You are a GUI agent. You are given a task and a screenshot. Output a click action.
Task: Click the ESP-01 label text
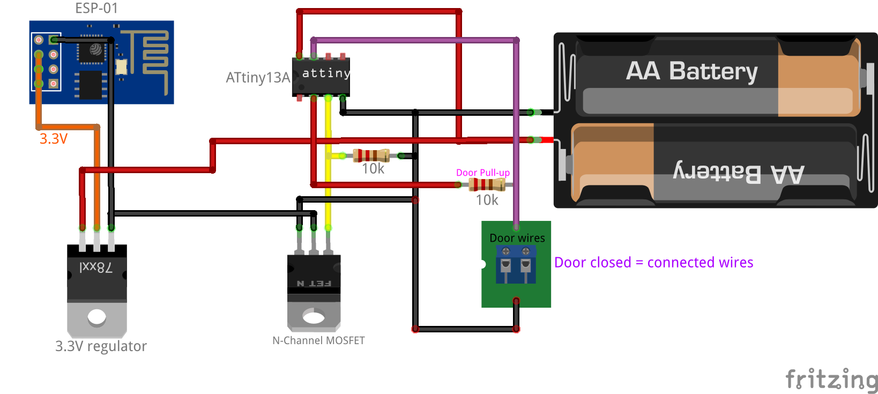(x=96, y=8)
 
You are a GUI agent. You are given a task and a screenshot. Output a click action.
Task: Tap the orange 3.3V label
(x=54, y=139)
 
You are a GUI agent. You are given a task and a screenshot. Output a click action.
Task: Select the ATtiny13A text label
(x=258, y=78)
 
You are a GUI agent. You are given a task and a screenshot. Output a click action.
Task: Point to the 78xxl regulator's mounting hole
(x=97, y=317)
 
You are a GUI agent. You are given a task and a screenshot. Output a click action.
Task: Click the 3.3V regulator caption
(x=101, y=346)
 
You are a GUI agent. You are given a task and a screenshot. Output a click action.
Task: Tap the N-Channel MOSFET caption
(x=318, y=340)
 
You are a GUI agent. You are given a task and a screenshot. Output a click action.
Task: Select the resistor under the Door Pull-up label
(x=487, y=185)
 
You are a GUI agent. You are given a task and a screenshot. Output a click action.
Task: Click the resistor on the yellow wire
(x=371, y=155)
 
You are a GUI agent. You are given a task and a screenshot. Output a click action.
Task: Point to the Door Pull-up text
(x=482, y=173)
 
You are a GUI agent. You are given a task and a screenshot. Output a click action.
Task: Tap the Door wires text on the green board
(x=517, y=238)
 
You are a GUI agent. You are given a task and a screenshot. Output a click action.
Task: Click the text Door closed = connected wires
(x=653, y=263)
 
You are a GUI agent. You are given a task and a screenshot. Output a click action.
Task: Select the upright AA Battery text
(x=691, y=71)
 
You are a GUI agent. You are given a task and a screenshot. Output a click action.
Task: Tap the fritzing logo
(x=831, y=379)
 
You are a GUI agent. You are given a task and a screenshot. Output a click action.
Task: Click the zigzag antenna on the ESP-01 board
(x=150, y=54)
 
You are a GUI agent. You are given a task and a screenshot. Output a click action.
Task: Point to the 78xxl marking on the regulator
(x=96, y=267)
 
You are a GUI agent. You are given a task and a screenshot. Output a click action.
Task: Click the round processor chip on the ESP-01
(x=95, y=50)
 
